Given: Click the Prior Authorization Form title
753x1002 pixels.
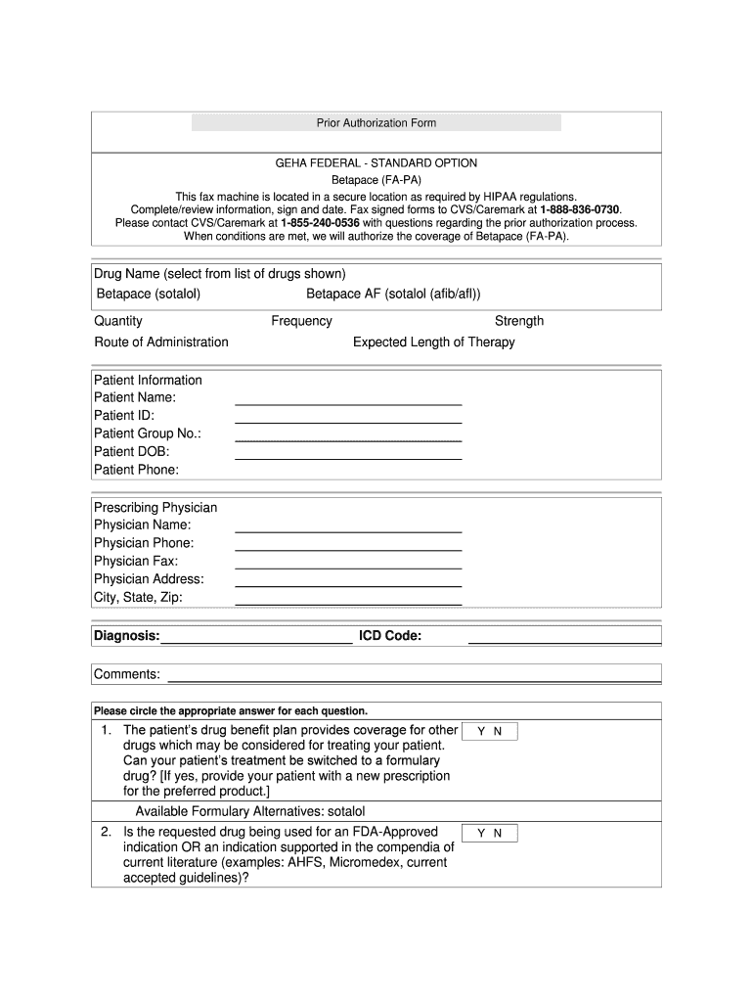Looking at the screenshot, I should pyautogui.click(x=376, y=123).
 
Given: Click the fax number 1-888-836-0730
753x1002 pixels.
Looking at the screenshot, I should pyautogui.click(x=580, y=209).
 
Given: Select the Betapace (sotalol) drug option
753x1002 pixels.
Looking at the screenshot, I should pyautogui.click(x=149, y=295).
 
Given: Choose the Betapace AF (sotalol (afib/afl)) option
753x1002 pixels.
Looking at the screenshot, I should pyautogui.click(x=393, y=295).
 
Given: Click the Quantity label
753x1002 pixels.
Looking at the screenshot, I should pyautogui.click(x=118, y=321).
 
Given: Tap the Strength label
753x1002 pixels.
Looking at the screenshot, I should pyautogui.click(x=519, y=321).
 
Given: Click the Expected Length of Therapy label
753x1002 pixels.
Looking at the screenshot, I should pyautogui.click(x=433, y=342).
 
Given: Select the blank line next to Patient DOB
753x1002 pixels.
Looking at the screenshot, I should pyautogui.click(x=348, y=456).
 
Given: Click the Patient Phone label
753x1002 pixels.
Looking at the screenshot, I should pyautogui.click(x=137, y=471).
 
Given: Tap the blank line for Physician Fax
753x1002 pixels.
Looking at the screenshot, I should pyautogui.click(x=348, y=566).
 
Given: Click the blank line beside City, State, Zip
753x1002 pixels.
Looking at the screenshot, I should pyautogui.click(x=348, y=602).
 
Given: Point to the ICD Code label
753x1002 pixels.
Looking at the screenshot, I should pyautogui.click(x=390, y=637).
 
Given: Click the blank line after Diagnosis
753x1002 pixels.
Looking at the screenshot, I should pyautogui.click(x=256, y=642).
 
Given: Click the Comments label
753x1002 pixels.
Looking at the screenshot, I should pyautogui.click(x=127, y=675).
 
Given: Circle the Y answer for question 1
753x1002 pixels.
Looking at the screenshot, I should pyautogui.click(x=480, y=732).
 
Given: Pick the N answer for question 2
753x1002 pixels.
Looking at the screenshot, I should pyautogui.click(x=498, y=834).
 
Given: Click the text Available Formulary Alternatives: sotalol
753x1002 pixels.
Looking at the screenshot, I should pyautogui.click(x=249, y=812).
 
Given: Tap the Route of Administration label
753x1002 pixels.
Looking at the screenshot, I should pyautogui.click(x=161, y=342).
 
